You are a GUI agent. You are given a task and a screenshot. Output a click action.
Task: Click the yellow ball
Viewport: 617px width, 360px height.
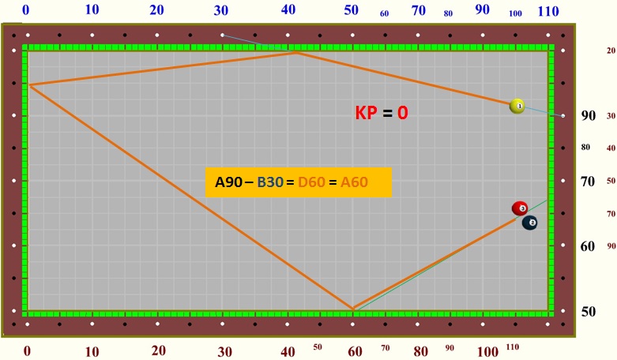517,106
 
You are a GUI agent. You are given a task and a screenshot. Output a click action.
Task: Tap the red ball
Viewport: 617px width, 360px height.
520,208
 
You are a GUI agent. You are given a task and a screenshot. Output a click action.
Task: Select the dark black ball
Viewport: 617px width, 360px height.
530,223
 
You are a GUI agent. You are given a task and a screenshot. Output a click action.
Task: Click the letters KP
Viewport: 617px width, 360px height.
366,113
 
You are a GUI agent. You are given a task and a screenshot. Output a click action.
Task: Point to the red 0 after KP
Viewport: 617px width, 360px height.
402,113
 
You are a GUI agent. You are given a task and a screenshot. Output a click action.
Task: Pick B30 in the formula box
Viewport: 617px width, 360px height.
269,183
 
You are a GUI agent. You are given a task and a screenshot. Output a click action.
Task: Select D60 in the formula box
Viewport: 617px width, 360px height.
311,183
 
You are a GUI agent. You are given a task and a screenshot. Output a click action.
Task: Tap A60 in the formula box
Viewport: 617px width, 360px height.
355,183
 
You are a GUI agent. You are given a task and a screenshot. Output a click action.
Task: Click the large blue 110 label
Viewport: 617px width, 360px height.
548,11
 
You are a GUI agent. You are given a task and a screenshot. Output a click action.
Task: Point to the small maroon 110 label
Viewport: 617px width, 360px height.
513,347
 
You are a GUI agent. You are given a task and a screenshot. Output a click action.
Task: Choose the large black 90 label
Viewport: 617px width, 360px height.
589,115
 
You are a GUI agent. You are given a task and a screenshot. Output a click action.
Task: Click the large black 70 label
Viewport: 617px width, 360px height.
589,182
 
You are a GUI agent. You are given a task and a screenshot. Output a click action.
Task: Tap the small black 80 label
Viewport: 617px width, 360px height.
585,148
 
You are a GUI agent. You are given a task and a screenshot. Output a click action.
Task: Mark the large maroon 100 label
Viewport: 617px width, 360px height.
488,351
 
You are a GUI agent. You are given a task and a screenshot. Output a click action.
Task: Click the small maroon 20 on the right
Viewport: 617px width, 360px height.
611,51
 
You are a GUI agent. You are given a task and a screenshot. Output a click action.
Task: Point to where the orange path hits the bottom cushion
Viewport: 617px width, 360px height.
352,309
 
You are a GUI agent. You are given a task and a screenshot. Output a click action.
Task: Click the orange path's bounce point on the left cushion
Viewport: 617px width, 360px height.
28,84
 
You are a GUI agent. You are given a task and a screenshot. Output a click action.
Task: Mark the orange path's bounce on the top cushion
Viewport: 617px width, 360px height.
297,52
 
